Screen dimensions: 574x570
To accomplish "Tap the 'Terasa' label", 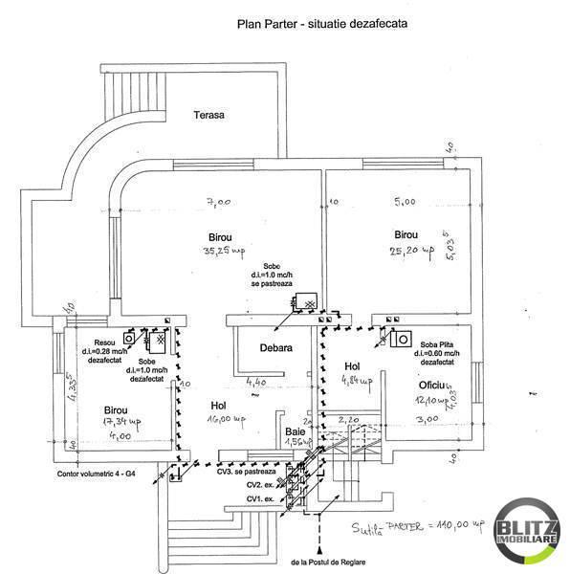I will click(208, 115).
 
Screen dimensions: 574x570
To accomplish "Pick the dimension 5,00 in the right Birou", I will click(404, 202).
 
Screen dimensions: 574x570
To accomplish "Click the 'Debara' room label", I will click(275, 348).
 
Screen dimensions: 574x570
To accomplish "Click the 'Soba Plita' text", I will click(433, 342).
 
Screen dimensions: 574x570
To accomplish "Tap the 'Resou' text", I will click(103, 343).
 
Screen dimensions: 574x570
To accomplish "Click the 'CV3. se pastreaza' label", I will click(247, 472).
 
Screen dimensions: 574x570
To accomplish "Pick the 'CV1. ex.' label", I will click(261, 499).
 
